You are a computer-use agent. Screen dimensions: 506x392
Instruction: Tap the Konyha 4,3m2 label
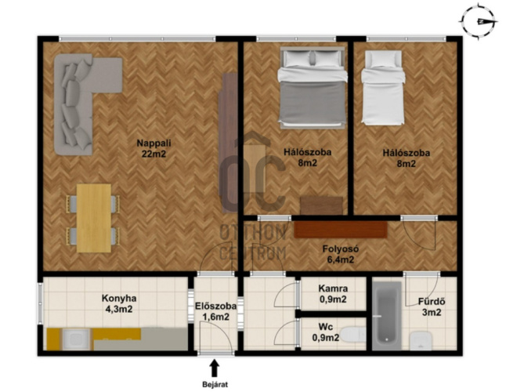[119, 303]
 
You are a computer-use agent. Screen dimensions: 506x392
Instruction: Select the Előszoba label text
[215, 306]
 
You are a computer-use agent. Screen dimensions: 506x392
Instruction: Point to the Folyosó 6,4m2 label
[341, 254]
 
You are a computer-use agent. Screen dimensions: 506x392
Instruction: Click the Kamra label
[333, 289]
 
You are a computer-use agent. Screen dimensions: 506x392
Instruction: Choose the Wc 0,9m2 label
[326, 332]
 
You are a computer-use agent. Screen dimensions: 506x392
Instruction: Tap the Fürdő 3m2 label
[432, 307]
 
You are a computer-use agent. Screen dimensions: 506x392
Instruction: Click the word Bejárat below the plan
[215, 385]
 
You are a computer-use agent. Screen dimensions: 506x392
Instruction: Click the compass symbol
[479, 22]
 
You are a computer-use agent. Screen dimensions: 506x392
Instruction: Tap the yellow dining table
[94, 218]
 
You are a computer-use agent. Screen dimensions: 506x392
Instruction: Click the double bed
[312, 88]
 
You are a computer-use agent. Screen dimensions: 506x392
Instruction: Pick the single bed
[383, 88]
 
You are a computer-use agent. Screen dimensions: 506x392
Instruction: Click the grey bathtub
[387, 315]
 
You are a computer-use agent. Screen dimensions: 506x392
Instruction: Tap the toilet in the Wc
[352, 334]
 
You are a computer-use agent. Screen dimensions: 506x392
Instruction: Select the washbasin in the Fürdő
[421, 340]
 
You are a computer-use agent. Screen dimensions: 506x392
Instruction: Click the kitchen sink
[75, 339]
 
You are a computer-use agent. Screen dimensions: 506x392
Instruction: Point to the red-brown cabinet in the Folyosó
[341, 229]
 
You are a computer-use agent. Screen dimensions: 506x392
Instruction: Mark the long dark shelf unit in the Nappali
[228, 143]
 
